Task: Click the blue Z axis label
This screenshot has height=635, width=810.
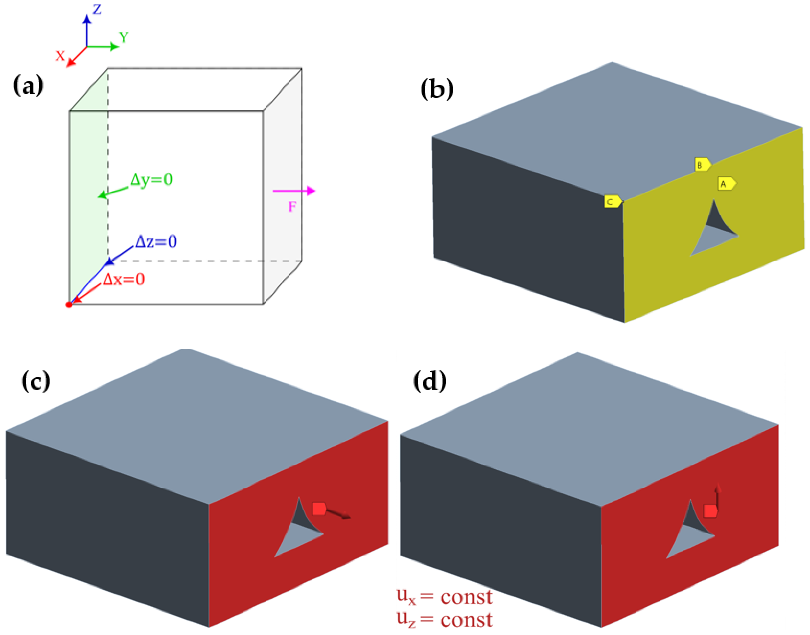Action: coord(97,9)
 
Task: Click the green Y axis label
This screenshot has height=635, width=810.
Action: coord(124,37)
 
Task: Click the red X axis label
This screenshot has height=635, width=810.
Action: coord(60,56)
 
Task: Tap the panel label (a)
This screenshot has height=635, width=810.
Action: coord(28,85)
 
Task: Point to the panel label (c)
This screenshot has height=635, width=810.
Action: coord(36,381)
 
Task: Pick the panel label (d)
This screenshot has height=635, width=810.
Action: coord(429,381)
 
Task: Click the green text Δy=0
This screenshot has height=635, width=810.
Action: coord(151,180)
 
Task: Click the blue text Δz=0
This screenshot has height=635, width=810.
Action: coord(156,242)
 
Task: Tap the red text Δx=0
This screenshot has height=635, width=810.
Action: coord(124,279)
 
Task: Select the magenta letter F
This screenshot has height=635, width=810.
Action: coord(292,207)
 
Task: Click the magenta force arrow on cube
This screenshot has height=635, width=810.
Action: coord(294,191)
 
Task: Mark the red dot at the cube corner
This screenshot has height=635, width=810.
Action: coord(69,305)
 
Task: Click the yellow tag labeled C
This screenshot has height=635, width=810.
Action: coord(612,201)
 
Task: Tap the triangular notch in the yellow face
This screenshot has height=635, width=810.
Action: coord(712,234)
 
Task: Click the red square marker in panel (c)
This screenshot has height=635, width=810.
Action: coord(319,509)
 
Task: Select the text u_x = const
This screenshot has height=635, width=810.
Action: coord(444,596)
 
